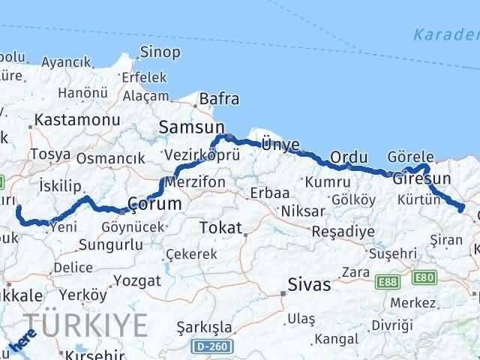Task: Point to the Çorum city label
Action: click(154, 203)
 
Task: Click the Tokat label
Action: click(220, 227)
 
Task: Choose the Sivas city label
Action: click(309, 284)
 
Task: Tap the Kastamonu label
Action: click(67, 120)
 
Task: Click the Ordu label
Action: click(349, 157)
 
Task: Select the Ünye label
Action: click(280, 145)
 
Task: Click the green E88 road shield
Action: click(388, 280)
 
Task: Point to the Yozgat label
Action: click(139, 280)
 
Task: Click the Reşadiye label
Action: click(343, 231)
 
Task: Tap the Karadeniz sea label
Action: click(446, 34)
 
